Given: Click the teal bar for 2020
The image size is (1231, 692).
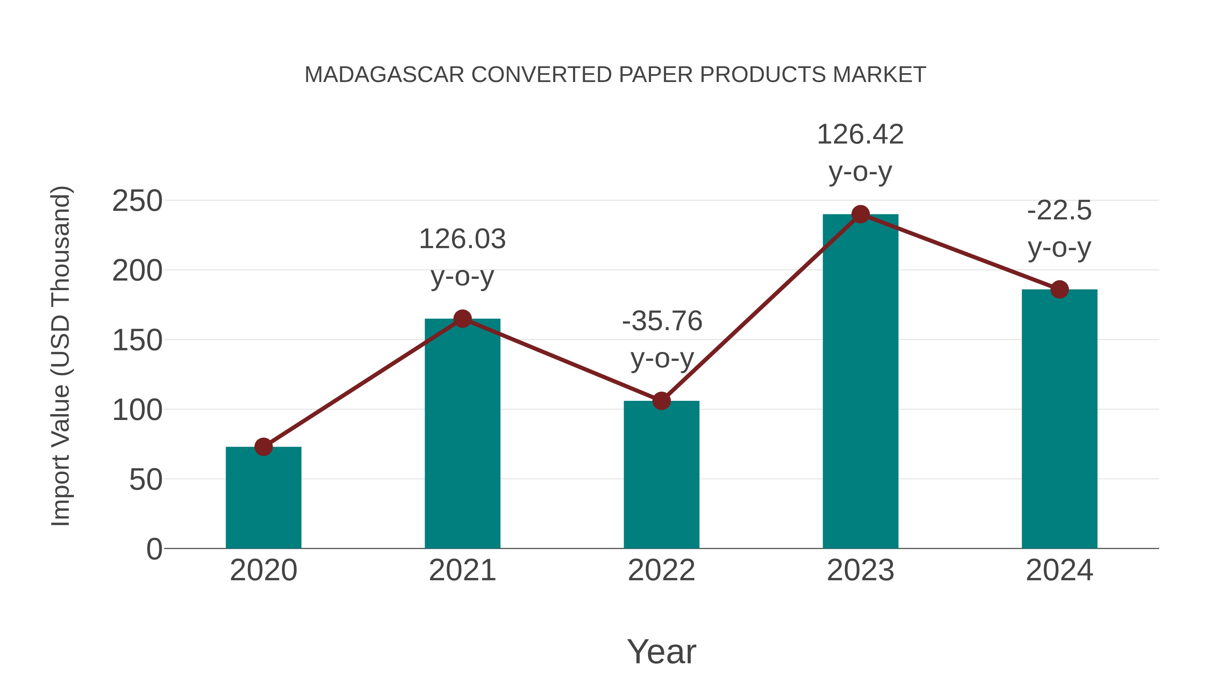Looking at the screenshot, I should point(263,499).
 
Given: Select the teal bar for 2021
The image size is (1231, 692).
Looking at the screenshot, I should point(462,435).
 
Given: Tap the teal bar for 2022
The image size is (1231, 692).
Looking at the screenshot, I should point(661,475).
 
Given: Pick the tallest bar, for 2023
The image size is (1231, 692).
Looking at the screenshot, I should point(860,382).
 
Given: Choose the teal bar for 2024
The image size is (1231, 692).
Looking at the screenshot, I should point(1059,420).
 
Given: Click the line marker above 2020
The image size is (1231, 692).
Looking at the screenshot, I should point(263,447).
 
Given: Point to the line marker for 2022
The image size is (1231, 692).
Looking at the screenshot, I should point(661,401).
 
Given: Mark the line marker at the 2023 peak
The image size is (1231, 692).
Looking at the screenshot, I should point(860,214).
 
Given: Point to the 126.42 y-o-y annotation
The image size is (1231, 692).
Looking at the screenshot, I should point(860,153).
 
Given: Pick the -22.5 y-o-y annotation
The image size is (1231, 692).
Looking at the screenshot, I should point(1059,229).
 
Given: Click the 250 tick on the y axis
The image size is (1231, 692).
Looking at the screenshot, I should point(137,201).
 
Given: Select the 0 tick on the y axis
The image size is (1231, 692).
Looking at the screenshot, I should point(154,549).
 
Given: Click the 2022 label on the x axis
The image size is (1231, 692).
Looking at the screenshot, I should point(661,570).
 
